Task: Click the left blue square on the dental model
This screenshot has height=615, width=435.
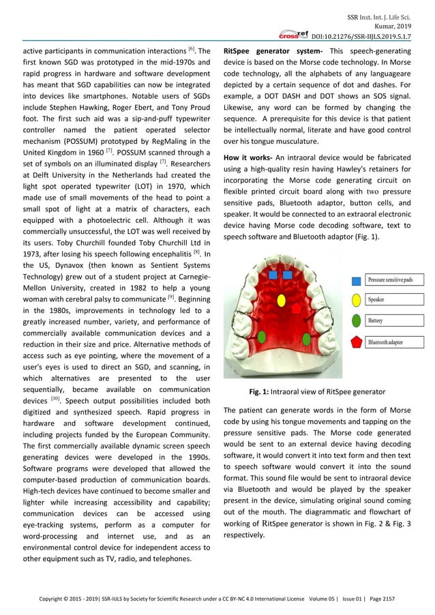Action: coord(273,275)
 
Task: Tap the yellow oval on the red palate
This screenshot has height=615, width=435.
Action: coord(262,299)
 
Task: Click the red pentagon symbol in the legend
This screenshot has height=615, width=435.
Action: coord(358,342)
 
